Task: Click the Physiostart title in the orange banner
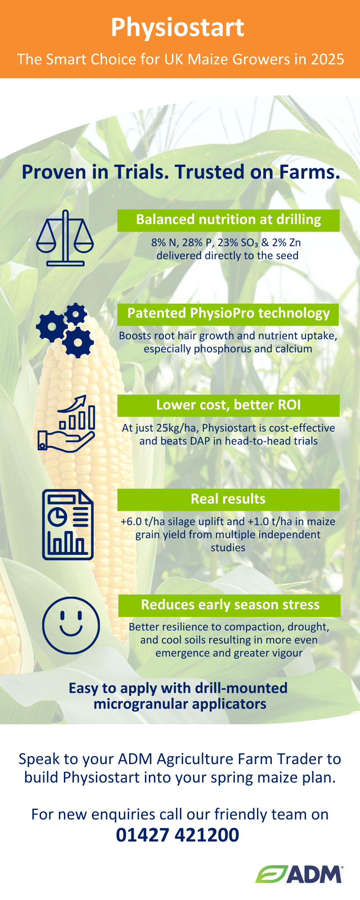pyautogui.click(x=178, y=28)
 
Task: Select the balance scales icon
pyautogui.click(x=65, y=238)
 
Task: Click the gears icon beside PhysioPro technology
pyautogui.click(x=65, y=330)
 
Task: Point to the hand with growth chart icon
pyautogui.click(x=66, y=423)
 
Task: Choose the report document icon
pyautogui.click(x=68, y=525)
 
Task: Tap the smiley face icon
pyautogui.click(x=71, y=625)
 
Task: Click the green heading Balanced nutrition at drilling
pyautogui.click(x=229, y=220)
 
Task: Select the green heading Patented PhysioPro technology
pyautogui.click(x=229, y=314)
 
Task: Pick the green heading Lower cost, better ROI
pyautogui.click(x=229, y=405)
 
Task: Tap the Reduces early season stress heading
pyautogui.click(x=229, y=605)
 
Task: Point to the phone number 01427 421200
pyautogui.click(x=178, y=835)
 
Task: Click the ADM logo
pyautogui.click(x=299, y=874)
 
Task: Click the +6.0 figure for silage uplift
pyautogui.click(x=131, y=522)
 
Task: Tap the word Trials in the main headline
pyautogui.click(x=140, y=172)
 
